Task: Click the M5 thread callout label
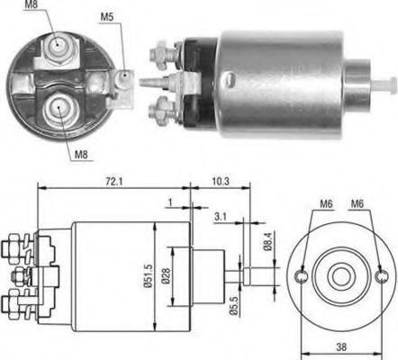click(x=105, y=15)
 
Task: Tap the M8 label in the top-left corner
click(x=32, y=5)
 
